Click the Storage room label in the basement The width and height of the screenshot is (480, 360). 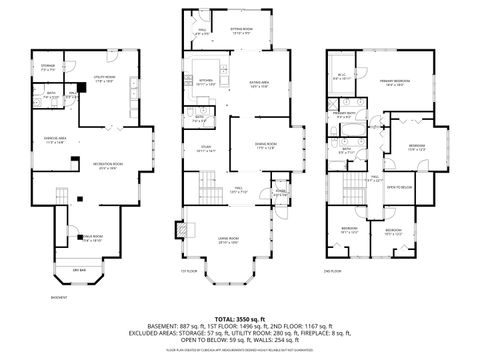tap(48, 69)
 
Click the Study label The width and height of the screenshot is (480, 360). tap(205, 148)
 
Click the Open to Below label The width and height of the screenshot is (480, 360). tap(400, 187)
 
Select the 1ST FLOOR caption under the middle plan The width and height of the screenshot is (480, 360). tap(187, 271)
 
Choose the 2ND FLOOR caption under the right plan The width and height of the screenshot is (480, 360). tap(331, 271)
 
